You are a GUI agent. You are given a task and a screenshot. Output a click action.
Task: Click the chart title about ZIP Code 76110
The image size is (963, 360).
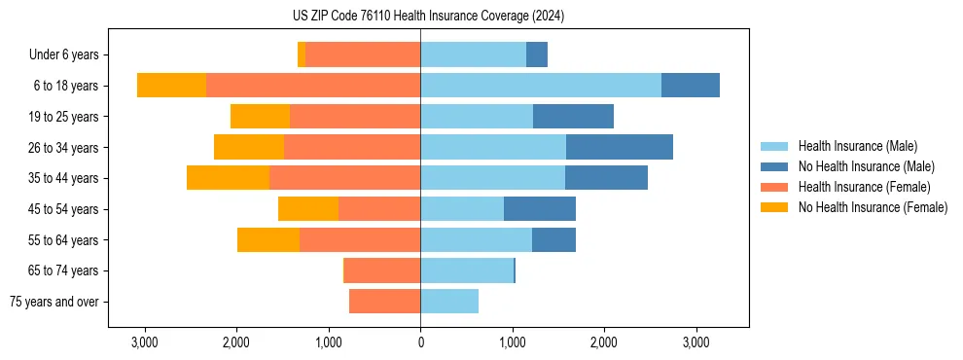pos(428,17)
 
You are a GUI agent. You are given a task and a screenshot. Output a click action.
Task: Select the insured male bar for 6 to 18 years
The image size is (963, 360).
pos(541,86)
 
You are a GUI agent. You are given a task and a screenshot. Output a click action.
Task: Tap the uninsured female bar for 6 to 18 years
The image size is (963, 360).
pos(171,86)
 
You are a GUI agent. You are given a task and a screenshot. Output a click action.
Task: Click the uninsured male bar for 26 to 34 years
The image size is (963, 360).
pos(619,147)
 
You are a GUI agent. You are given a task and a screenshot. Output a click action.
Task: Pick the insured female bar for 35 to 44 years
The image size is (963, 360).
pos(344,178)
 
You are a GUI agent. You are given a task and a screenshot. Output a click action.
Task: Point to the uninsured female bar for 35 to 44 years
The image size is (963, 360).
pos(228,178)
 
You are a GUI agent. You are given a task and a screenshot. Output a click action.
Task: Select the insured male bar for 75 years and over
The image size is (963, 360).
pos(449,302)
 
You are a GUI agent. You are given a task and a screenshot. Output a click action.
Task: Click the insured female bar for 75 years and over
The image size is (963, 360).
pos(384,302)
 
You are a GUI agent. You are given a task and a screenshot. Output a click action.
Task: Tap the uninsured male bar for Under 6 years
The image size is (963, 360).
pos(537,54)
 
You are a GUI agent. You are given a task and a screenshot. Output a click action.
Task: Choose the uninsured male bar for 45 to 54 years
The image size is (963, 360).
pos(539,209)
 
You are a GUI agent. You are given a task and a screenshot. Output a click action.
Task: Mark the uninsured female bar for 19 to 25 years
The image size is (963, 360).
pos(260,117)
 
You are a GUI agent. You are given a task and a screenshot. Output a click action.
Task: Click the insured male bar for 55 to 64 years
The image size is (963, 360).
pos(476,239)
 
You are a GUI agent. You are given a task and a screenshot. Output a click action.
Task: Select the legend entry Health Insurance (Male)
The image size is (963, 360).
pos(857,146)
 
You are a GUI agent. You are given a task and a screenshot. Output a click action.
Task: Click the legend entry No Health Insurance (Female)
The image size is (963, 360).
pos(873,207)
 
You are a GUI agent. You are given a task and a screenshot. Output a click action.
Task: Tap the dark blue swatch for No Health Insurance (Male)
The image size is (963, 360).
pos(774,166)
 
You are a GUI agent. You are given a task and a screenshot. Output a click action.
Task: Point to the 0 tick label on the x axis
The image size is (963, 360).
pos(420,342)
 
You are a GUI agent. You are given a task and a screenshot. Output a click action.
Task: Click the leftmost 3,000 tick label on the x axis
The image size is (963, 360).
pos(144,342)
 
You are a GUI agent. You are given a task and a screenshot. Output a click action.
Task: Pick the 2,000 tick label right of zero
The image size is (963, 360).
pos(604,342)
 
